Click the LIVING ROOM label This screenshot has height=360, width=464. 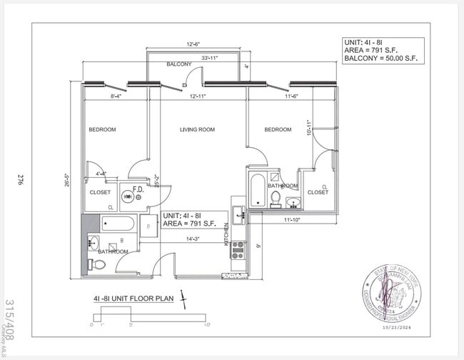197,129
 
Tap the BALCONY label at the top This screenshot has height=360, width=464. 178,64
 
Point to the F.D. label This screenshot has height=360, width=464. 138,189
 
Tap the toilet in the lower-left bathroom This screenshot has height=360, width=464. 99,265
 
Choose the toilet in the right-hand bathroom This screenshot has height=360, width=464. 276,197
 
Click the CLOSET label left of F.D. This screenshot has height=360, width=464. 100,192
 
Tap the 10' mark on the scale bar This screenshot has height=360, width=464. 207,325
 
